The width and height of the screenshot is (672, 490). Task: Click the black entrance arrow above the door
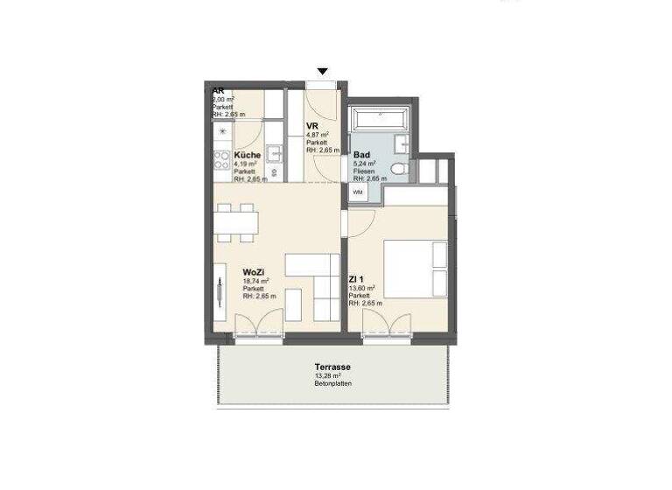(323, 72)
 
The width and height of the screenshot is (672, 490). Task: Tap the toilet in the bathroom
(398, 169)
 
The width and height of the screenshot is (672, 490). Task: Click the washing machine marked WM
(359, 192)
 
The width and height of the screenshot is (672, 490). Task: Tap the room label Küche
(246, 156)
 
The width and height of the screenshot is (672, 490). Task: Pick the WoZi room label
(255, 273)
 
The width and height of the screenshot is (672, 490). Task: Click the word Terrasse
(333, 367)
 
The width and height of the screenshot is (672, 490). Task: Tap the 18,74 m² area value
(256, 282)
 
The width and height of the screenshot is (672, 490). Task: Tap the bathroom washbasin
(403, 144)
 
